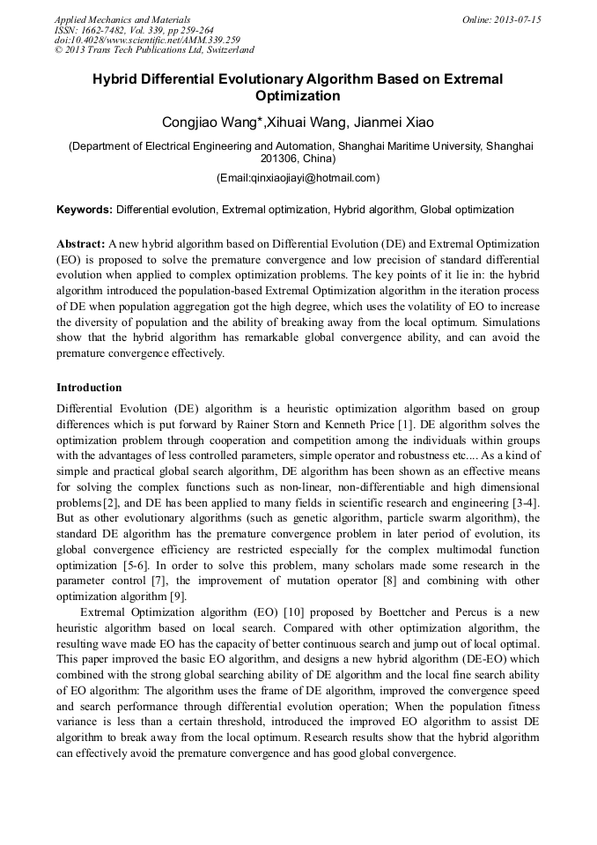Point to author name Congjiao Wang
[x=211, y=122]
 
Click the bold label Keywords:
[x=85, y=210]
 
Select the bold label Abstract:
[x=81, y=242]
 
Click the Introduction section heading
[x=89, y=388]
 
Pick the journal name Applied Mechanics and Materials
[x=122, y=19]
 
